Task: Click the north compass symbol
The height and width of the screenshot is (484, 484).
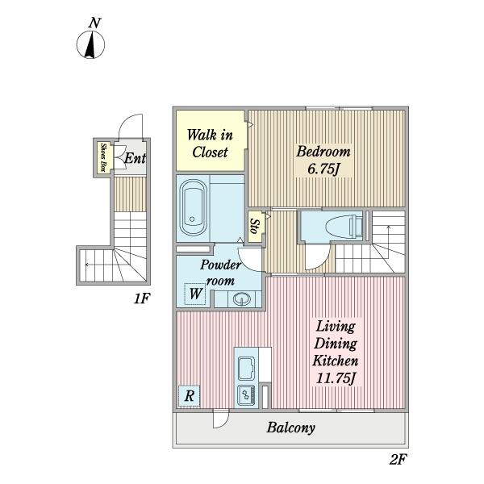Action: tap(90, 44)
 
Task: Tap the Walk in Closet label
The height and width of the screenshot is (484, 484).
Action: tap(210, 144)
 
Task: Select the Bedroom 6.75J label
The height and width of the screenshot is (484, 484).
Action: tap(323, 160)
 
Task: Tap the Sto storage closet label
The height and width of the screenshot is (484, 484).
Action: tap(255, 226)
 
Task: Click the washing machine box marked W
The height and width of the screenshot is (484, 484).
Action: tap(195, 294)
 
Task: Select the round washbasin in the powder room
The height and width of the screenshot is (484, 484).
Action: tap(242, 298)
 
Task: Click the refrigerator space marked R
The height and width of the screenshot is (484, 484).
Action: tap(190, 396)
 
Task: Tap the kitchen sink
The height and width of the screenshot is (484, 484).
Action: tap(246, 368)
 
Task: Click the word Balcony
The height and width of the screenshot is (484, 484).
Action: tap(290, 428)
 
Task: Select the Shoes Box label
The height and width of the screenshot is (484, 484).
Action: tap(104, 158)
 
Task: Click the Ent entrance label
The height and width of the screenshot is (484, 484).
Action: tap(135, 158)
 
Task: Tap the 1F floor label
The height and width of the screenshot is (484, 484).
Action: tap(142, 298)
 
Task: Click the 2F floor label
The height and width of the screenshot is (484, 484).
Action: tap(397, 461)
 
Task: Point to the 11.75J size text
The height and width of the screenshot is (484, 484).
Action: tap(335, 378)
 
